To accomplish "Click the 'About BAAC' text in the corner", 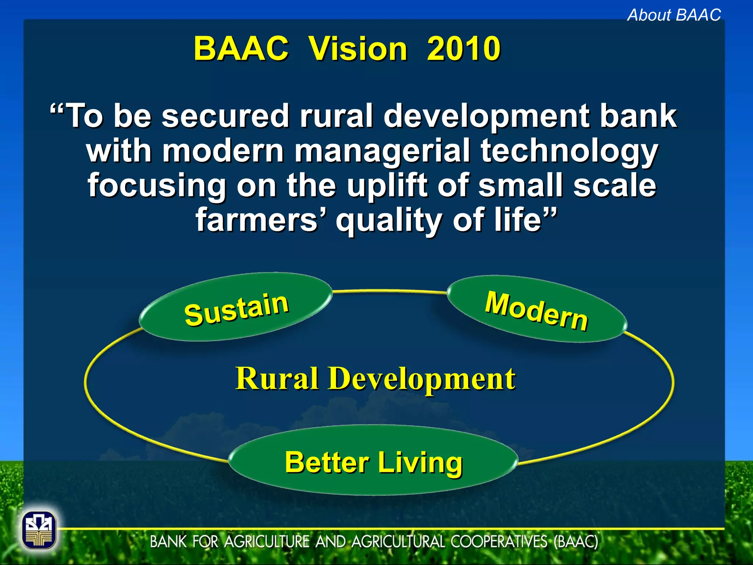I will [x=674, y=15].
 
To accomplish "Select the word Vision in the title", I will [x=358, y=49].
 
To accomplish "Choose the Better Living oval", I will [x=373, y=461].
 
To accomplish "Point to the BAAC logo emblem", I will [x=39, y=530].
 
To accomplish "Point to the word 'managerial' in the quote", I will [x=382, y=150].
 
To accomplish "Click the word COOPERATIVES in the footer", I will [x=499, y=542].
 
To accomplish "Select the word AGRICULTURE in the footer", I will [x=267, y=542].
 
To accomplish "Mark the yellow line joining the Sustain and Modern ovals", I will [x=390, y=291].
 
